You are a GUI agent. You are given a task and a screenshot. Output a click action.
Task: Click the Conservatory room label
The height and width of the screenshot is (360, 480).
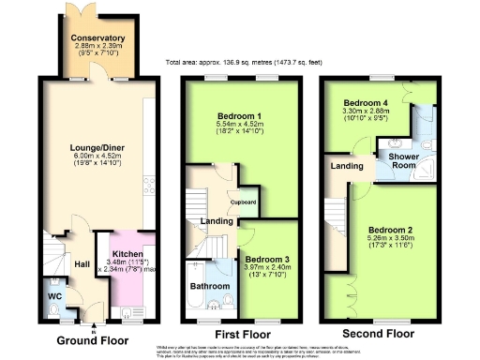click(97, 38)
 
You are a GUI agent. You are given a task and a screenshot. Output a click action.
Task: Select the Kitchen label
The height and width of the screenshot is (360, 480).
click(127, 254)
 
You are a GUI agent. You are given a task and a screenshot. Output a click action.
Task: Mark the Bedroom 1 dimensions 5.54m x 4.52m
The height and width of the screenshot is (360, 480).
click(239, 126)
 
